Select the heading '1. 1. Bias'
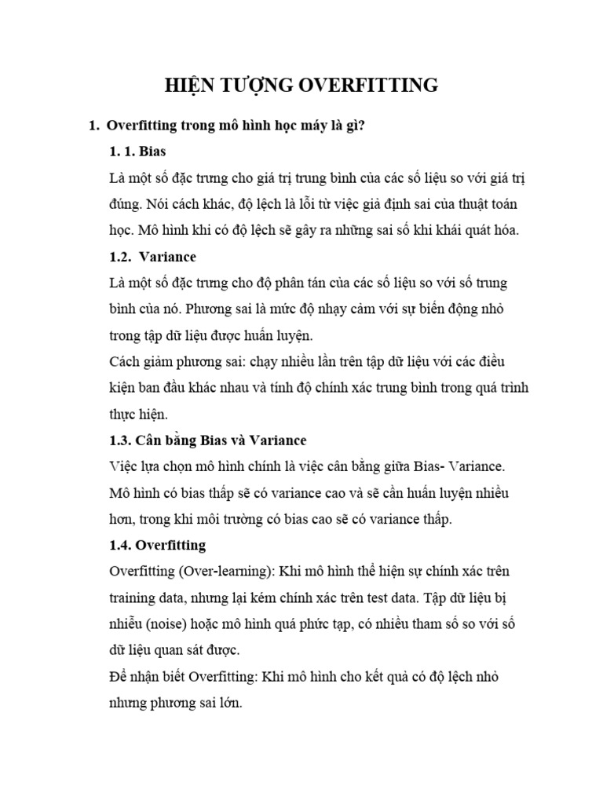pos(137,151)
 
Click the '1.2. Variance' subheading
pos(153,257)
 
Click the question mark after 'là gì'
pos(362,125)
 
